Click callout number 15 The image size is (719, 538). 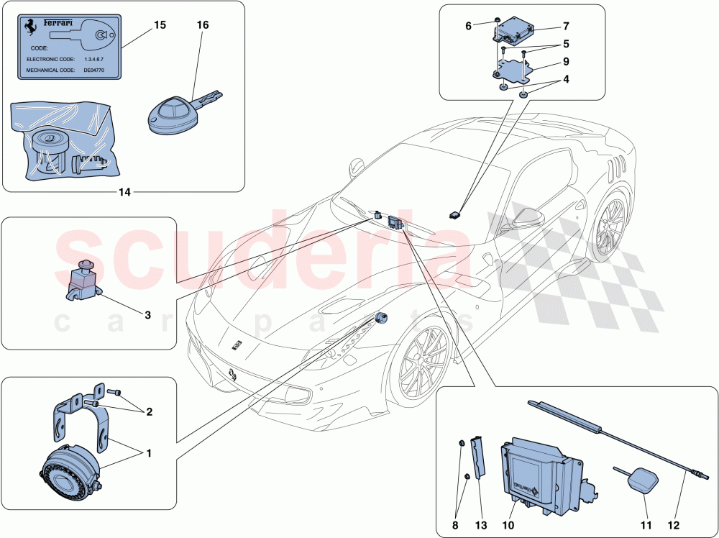pyautogui.click(x=159, y=24)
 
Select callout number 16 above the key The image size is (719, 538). pyautogui.click(x=203, y=24)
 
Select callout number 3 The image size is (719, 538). pyautogui.click(x=147, y=314)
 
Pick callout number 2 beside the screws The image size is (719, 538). pyautogui.click(x=149, y=412)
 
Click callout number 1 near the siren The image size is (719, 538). pyautogui.click(x=149, y=454)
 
